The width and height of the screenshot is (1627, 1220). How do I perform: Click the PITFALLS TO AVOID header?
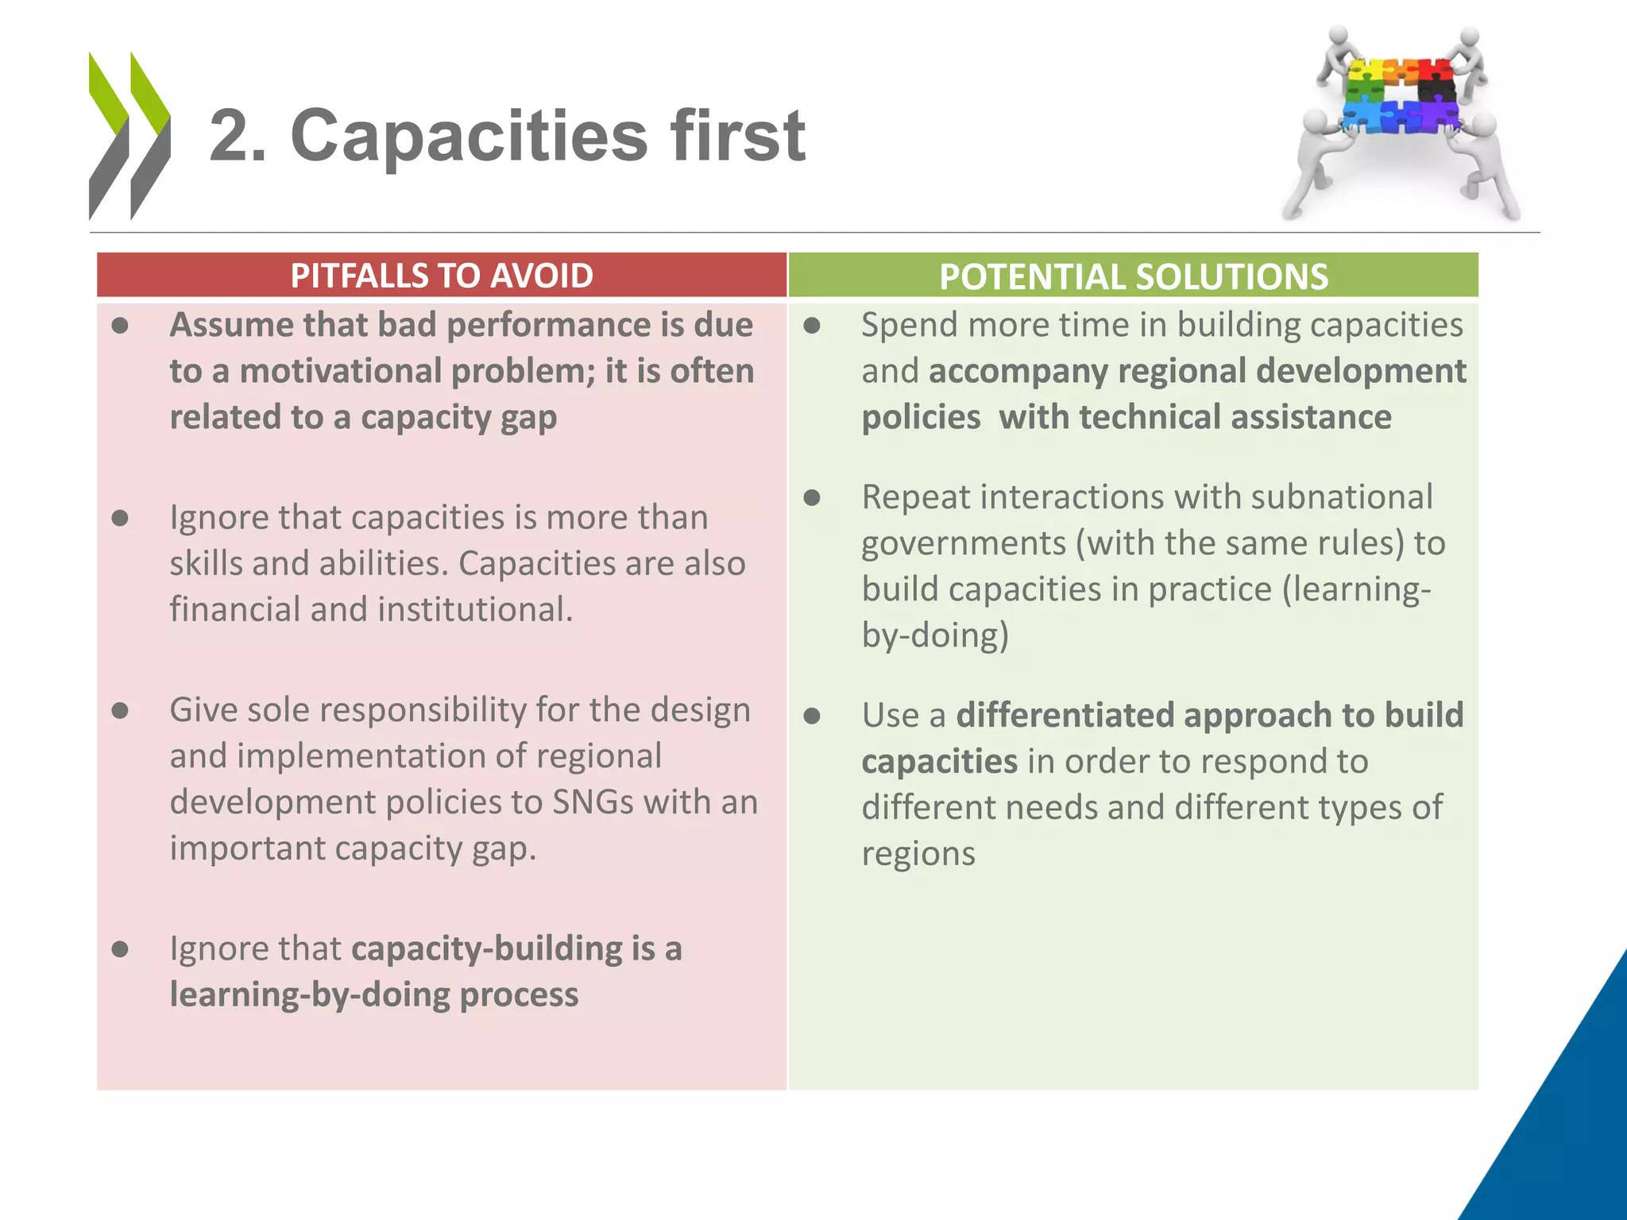tap(442, 276)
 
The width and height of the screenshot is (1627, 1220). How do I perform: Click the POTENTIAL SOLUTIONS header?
tap(1133, 276)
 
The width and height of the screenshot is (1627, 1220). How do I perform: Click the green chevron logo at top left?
tap(129, 135)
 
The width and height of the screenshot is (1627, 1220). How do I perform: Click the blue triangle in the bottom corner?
tap(1557, 1112)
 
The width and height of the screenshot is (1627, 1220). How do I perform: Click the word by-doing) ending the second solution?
tap(935, 635)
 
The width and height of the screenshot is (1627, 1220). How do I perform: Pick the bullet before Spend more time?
tap(811, 326)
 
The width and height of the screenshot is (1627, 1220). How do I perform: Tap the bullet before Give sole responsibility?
tap(120, 710)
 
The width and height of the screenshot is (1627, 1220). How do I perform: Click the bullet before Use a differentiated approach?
tap(811, 716)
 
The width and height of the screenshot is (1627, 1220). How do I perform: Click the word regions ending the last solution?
tap(918, 854)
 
